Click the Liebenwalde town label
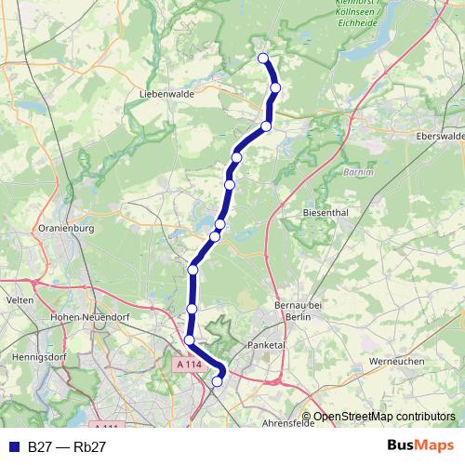tap(164, 95)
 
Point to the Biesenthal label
tap(326, 212)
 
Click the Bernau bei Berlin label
tap(298, 310)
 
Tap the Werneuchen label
tap(396, 360)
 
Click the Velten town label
tap(20, 300)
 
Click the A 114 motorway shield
tap(189, 365)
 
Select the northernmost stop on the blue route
tap(263, 59)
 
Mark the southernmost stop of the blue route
tap(219, 380)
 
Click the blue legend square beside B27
tap(12, 446)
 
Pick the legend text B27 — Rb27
tap(67, 446)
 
